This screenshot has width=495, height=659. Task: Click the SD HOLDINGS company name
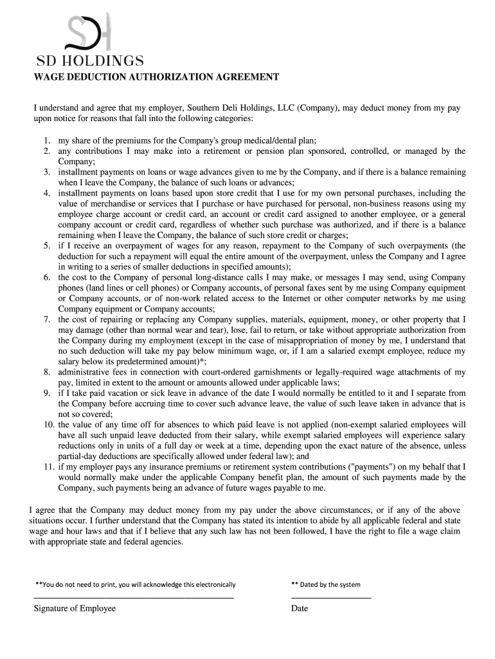click(x=89, y=62)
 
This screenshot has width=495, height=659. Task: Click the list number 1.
click(x=48, y=140)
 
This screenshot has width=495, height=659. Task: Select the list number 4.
click(x=48, y=193)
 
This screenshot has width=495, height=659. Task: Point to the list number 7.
click(x=48, y=320)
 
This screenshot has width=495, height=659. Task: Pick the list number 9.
click(x=48, y=393)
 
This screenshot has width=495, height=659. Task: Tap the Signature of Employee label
click(x=75, y=608)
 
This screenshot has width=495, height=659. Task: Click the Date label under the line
click(x=300, y=608)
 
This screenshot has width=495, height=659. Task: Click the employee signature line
click(x=134, y=599)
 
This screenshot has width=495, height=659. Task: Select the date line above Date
click(x=331, y=599)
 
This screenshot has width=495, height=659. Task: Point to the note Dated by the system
click(x=326, y=584)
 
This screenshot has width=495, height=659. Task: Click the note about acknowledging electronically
click(x=136, y=584)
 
